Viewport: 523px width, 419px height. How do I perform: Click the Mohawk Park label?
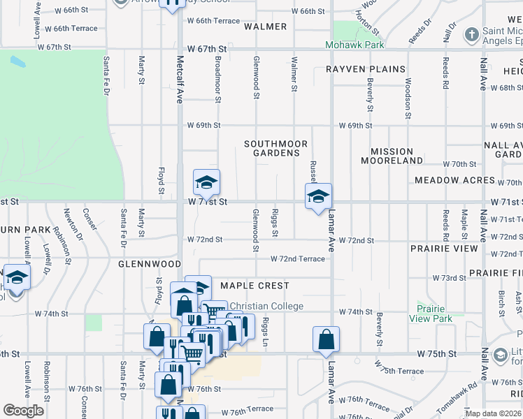[355, 45]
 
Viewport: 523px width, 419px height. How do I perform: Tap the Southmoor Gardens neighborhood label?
[276, 148]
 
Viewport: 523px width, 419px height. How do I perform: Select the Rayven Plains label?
[366, 69]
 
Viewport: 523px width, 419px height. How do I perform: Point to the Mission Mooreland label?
[392, 156]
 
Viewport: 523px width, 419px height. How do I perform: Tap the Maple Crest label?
[255, 286]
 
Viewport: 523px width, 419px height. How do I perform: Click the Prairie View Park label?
[435, 314]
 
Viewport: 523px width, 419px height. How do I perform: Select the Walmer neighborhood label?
[266, 27]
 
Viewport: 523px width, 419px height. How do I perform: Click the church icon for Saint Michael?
[473, 34]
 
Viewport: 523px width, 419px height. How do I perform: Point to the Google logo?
[23, 410]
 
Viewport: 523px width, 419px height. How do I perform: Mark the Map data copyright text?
[493, 413]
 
